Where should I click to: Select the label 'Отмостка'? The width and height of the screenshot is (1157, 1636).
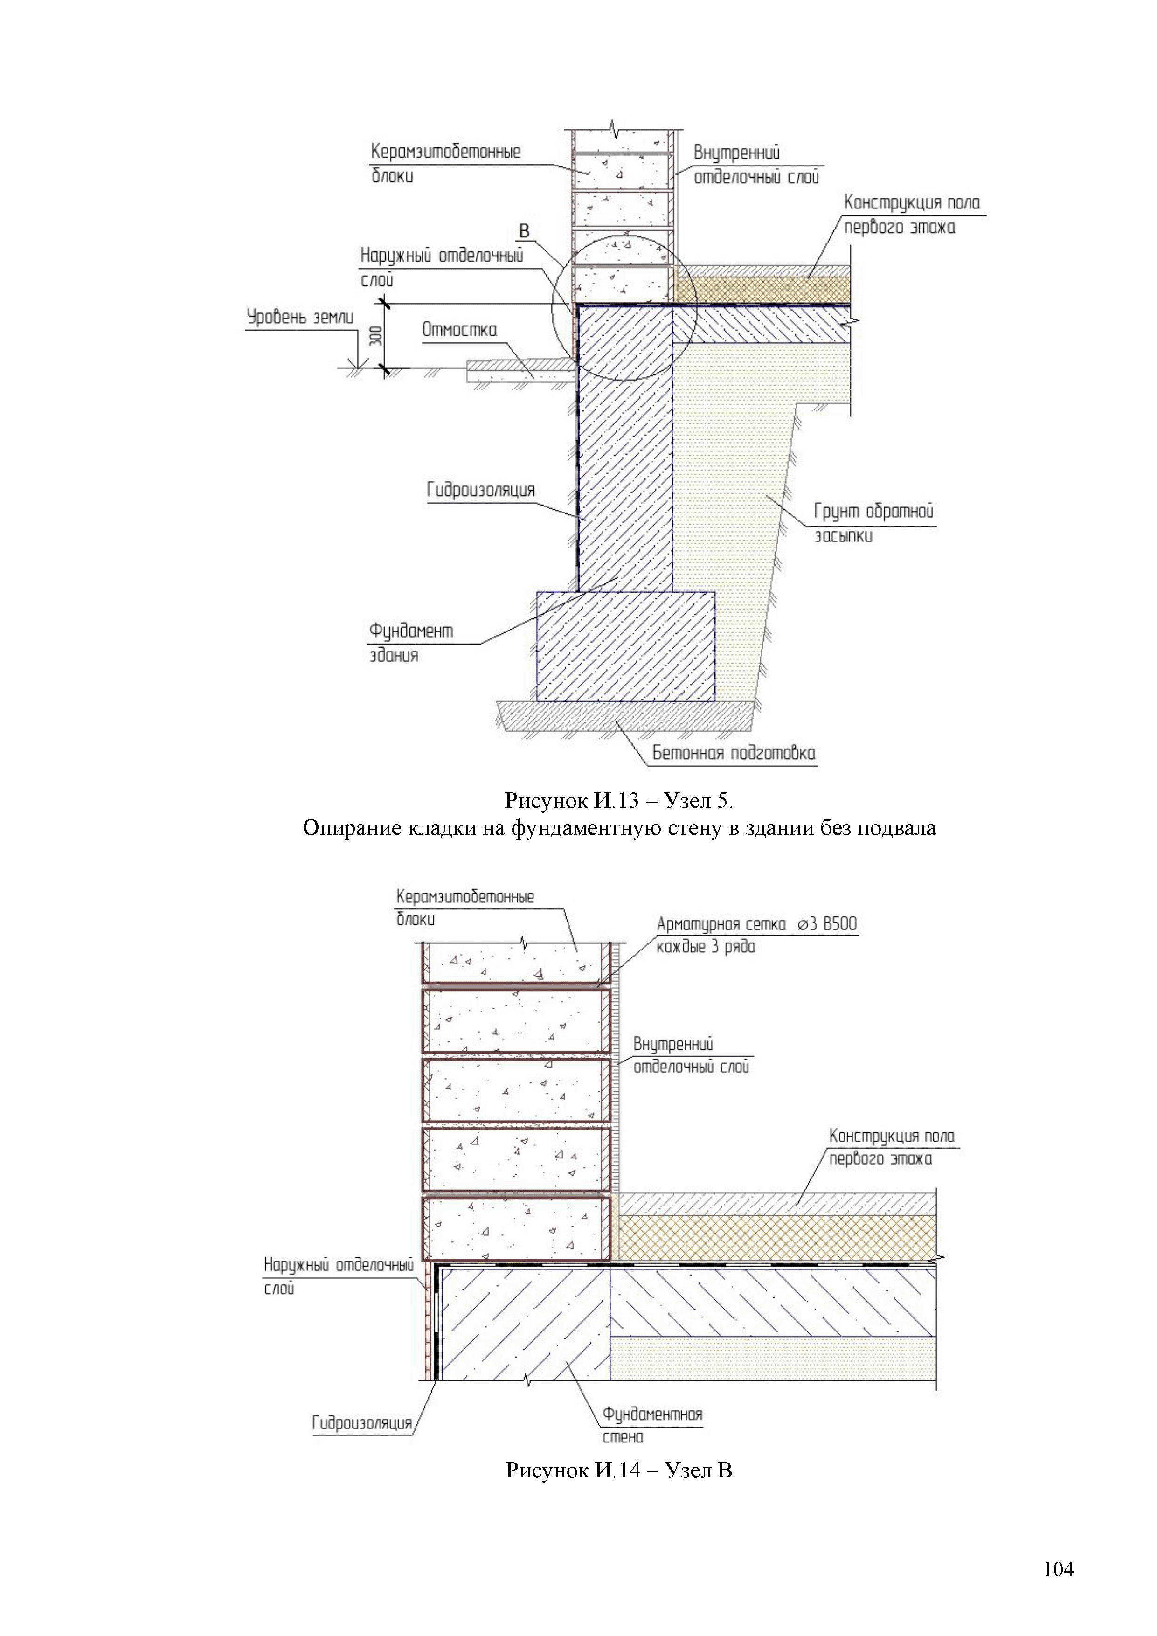[x=459, y=330]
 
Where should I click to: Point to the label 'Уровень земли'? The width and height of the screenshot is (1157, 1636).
[x=300, y=317]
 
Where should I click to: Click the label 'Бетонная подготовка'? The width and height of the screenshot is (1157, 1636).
[x=734, y=753]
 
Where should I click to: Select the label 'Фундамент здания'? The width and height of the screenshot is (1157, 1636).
[x=410, y=642]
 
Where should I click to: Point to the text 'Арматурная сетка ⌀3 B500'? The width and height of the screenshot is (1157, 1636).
[x=756, y=924]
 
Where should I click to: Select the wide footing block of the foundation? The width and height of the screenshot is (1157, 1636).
[x=625, y=646]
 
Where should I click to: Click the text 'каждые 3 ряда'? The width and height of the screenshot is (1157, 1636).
[x=705, y=947]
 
